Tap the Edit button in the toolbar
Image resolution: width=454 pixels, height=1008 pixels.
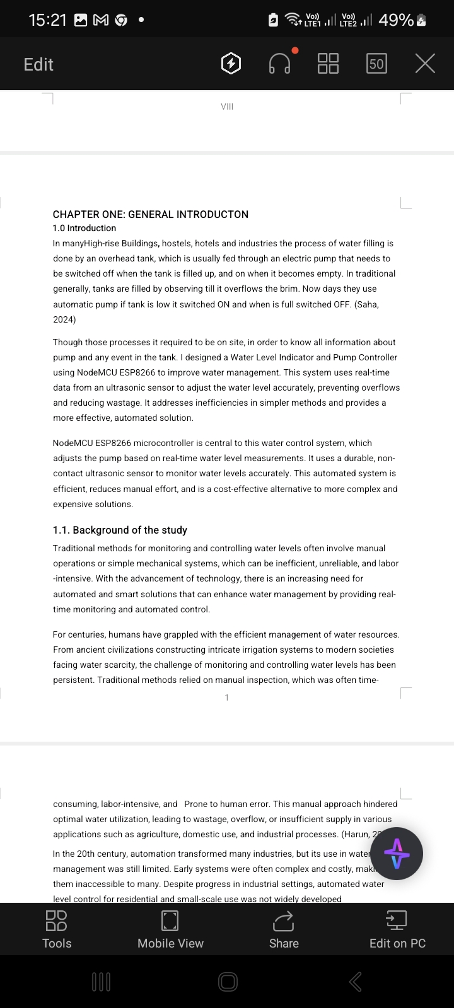38,64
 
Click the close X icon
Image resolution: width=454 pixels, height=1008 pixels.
425,64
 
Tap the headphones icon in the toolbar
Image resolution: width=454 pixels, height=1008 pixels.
279,64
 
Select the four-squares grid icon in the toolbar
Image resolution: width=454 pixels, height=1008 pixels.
328,64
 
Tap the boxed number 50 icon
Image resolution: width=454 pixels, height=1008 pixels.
376,64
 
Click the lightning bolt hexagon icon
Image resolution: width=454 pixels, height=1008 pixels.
231,64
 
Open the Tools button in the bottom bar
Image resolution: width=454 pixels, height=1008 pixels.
57,929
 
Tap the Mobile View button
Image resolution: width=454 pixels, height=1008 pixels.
170,929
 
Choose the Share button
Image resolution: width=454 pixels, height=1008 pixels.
284,929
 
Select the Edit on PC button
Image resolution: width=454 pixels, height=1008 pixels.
397,929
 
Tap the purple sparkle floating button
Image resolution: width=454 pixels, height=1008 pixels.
396,854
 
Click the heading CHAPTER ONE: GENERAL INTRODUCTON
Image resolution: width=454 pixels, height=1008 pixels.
151,214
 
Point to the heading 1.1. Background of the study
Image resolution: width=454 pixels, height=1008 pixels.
120,530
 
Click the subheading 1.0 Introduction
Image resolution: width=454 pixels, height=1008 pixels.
84,228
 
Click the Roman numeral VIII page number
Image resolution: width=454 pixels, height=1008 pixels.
227,106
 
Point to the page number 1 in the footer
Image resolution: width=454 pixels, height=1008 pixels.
227,697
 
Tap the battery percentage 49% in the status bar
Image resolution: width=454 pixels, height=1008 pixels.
396,20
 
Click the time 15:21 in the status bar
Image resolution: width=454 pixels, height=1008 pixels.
47,20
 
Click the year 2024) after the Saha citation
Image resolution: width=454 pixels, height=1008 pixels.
64,319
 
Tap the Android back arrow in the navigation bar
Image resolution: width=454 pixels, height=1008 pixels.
355,982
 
